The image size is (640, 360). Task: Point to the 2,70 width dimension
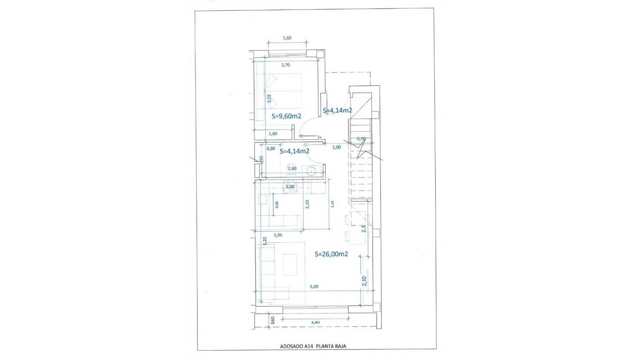click(x=286, y=65)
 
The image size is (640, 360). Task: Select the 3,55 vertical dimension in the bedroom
click(x=269, y=99)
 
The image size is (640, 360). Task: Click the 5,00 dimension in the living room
click(x=314, y=286)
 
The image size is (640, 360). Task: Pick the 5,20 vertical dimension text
click(x=265, y=241)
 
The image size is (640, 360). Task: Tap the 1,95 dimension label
click(x=278, y=235)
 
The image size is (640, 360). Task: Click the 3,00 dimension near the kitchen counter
click(x=290, y=187)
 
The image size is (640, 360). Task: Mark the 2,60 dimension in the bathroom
click(x=292, y=168)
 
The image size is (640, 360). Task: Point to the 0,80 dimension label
click(x=271, y=149)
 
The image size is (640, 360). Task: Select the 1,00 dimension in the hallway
click(x=336, y=147)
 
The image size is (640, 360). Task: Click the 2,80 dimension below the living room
click(x=315, y=322)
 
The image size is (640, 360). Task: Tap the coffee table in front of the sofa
click(x=290, y=265)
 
